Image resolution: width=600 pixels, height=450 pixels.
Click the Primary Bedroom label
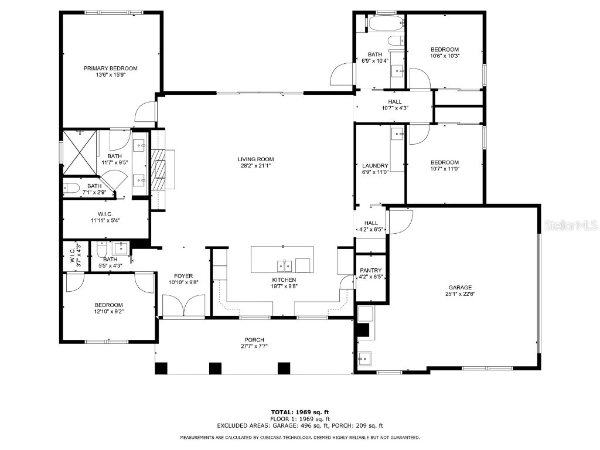tap(110, 68)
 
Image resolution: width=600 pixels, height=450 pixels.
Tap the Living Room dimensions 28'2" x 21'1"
tap(255, 166)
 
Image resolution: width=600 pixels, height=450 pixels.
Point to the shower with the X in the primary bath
tap(80, 150)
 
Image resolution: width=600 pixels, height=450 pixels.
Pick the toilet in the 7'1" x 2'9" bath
tap(71, 188)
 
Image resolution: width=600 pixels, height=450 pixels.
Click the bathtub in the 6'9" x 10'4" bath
tap(386, 25)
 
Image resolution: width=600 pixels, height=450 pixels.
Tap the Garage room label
tap(460, 287)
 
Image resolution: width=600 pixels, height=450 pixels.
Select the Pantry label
tap(371, 270)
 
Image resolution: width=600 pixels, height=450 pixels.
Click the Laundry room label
tap(375, 166)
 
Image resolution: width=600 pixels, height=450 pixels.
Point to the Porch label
tap(254, 340)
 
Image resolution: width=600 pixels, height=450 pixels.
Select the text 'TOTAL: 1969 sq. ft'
tap(299, 412)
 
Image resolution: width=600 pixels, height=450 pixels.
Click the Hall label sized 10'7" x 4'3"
tap(394, 101)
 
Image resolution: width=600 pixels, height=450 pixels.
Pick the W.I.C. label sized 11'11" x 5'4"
tap(105, 214)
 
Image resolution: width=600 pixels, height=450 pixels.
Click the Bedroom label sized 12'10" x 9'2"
tap(109, 305)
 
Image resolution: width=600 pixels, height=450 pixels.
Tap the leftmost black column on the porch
tap(161, 369)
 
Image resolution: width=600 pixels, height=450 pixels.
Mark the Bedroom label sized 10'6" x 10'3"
tap(445, 49)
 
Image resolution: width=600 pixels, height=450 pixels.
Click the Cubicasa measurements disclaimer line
tap(299, 438)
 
